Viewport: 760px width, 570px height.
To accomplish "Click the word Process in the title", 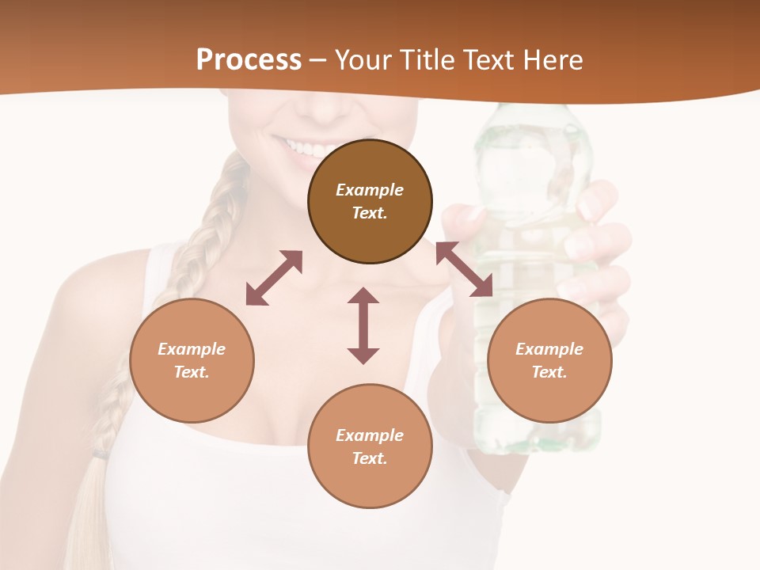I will coord(249,60).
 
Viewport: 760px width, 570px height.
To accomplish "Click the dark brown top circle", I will coord(370,201).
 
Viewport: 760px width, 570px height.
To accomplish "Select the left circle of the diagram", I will coord(192,360).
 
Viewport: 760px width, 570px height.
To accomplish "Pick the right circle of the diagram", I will coord(549,360).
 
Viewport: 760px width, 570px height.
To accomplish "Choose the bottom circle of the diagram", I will coord(370,446).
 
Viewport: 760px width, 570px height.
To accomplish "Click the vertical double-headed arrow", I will coord(363,325).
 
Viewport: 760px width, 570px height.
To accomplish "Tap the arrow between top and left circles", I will coord(274,278).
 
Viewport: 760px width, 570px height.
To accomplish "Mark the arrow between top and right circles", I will coord(464,269).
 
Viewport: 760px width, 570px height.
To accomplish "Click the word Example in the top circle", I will coord(370,190).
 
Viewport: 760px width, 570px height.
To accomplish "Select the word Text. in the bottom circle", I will coord(370,458).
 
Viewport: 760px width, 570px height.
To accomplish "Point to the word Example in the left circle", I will coord(192,349).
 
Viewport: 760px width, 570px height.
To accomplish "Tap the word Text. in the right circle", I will coord(549,372).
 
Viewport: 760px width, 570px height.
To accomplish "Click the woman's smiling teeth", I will coord(305,148).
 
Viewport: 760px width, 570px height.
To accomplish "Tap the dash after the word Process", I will coord(318,60).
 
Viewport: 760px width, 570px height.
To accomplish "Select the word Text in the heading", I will coord(488,60).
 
